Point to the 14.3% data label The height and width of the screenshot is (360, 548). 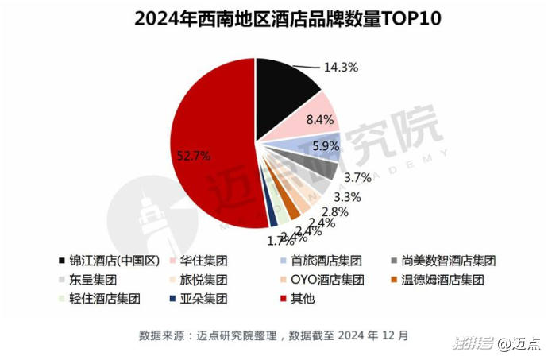click(x=341, y=68)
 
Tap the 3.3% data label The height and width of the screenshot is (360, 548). click(x=347, y=195)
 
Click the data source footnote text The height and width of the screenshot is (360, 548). click(x=273, y=335)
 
